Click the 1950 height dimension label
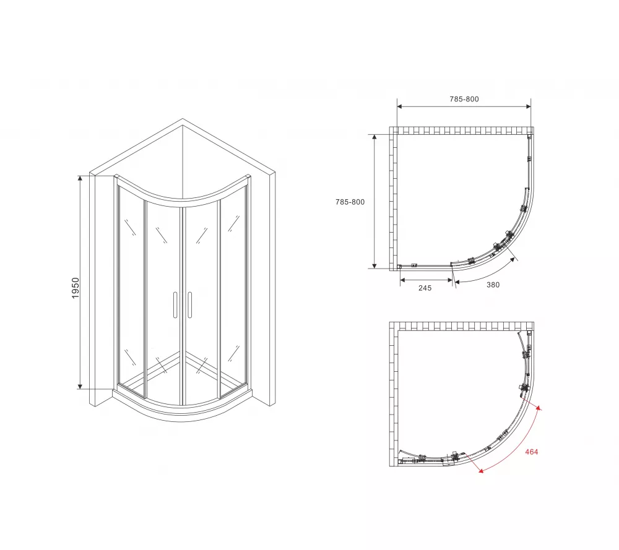tap(76, 288)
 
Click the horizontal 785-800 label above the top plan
tap(464, 99)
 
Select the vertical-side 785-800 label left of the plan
tap(350, 202)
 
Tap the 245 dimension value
tap(425, 288)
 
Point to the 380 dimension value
tap(493, 285)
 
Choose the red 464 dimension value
tap(531, 452)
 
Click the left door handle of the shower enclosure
tap(175, 305)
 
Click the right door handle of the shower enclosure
tap(190, 305)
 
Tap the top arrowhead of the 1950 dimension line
tap(80, 178)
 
